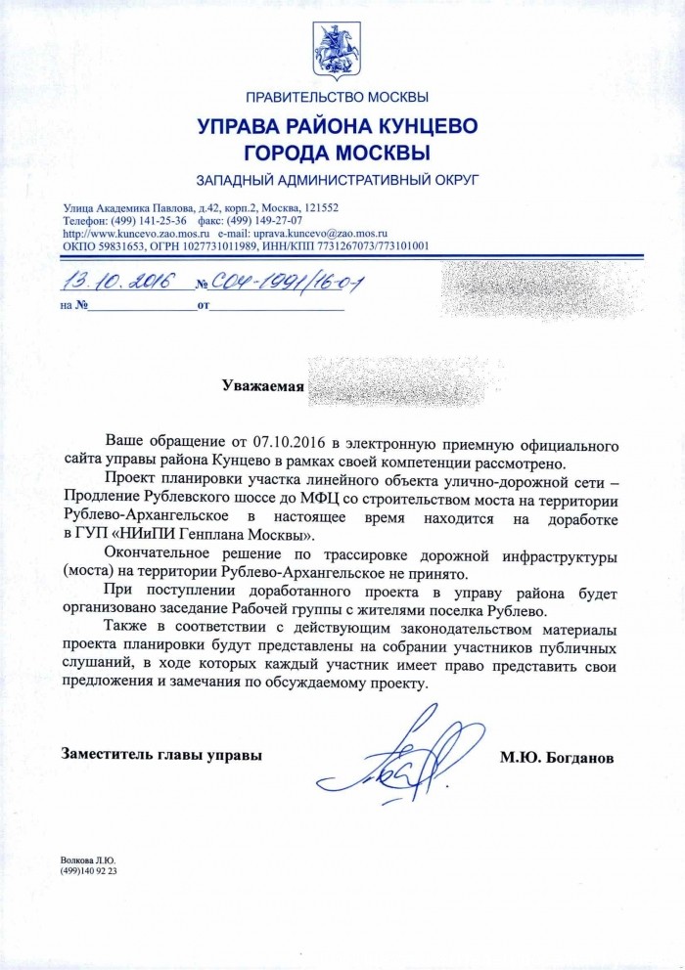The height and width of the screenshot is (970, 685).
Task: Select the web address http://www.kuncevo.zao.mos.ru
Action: pos(137,234)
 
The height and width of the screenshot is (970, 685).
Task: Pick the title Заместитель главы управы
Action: pos(161,755)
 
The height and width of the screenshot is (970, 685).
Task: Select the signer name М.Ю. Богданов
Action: pos(562,756)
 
